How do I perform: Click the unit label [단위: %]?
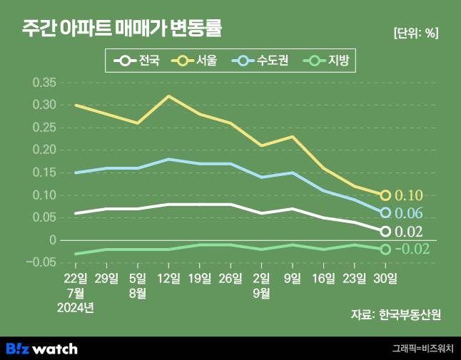(x=415, y=33)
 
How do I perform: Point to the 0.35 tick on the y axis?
(x=44, y=83)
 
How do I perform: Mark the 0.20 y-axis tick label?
(x=44, y=150)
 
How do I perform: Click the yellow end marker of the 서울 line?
(x=385, y=195)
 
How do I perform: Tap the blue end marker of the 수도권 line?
(x=385, y=212)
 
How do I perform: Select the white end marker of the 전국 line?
(x=385, y=231)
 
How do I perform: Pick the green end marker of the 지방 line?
(x=385, y=249)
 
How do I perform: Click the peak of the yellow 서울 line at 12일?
(x=168, y=96)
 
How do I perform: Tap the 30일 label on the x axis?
(x=385, y=277)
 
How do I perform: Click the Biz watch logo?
(x=41, y=349)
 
